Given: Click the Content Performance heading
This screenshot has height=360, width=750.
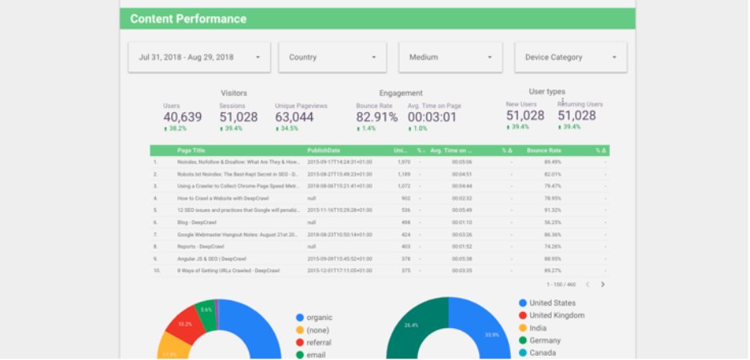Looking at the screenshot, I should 189,18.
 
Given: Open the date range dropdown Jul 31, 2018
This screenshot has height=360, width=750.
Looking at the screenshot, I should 199,58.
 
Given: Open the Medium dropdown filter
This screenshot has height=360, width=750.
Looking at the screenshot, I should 450,58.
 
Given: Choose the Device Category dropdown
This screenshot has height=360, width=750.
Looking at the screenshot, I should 570,58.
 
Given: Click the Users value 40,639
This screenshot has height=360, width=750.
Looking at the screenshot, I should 182,117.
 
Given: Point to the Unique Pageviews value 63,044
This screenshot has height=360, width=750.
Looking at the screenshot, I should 294,117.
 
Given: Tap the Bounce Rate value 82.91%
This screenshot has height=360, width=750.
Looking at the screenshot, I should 377,117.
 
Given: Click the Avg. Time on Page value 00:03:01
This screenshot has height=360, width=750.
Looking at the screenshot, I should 432,117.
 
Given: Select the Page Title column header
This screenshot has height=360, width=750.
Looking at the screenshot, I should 192,150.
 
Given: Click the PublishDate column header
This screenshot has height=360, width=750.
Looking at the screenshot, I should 323,150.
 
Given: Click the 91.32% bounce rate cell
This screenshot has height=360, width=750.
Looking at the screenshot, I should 552,210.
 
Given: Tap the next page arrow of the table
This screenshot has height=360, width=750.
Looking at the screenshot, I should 603,284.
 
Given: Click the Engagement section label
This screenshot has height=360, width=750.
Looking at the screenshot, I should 401,93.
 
